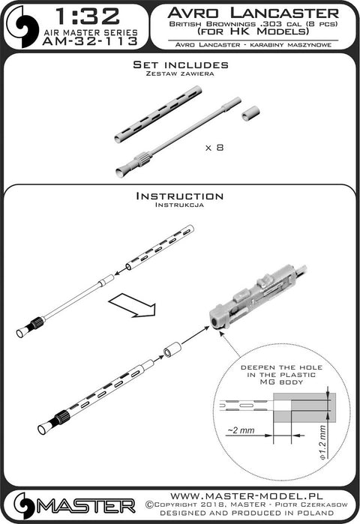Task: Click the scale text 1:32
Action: pos(87,16)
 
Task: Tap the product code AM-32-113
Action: pos(90,41)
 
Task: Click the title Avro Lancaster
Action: pos(253,13)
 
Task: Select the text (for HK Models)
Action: pos(253,31)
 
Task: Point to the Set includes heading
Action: pos(181,64)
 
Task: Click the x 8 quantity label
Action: pos(214,148)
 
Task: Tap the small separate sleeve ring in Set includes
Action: pos(250,113)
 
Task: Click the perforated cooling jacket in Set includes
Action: pos(158,114)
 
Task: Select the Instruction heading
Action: pos(180,196)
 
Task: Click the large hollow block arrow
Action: pos(133,305)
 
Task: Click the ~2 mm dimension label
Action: pos(241,430)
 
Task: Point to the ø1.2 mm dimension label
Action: pos(322,442)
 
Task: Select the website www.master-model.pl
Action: pos(247,496)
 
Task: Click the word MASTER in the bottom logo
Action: pos(86,506)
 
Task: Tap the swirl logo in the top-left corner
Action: pos(23,26)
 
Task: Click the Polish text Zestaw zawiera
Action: pos(180,73)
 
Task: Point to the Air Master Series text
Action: pos(91,32)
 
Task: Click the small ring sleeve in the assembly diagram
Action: pos(172,350)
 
